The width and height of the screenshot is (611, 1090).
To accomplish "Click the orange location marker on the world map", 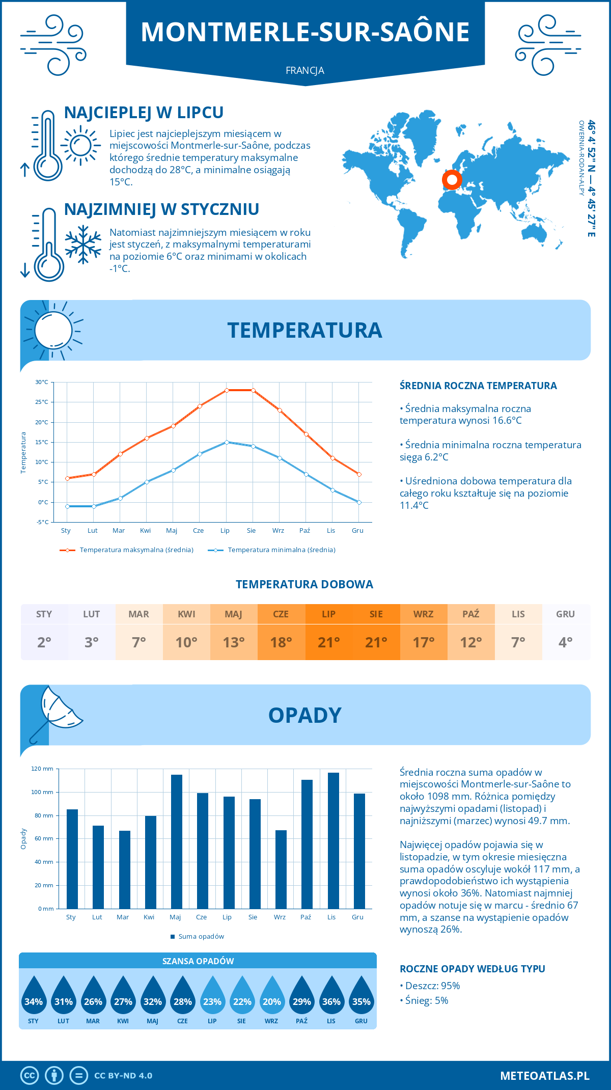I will click(452, 179).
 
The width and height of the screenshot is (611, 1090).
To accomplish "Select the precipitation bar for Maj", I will click(176, 841).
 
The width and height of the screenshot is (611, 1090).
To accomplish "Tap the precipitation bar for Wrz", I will click(281, 869).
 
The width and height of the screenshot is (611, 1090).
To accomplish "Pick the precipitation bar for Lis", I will click(334, 840).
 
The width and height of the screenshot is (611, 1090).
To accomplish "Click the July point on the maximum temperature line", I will click(227, 390).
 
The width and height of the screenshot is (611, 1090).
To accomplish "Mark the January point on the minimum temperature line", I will click(67, 506).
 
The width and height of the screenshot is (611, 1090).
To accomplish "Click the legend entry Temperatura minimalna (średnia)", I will click(272, 550).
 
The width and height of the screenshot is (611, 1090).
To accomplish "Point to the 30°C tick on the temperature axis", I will click(42, 382).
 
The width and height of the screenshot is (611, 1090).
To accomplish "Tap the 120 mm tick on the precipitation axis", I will click(43, 769).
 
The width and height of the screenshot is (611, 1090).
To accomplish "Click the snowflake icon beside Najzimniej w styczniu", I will click(83, 244).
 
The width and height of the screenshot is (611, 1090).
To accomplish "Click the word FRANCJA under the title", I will click(305, 71).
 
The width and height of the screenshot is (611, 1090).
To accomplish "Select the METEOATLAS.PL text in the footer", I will click(545, 1076).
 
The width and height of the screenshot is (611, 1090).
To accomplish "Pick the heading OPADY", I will click(305, 715).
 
